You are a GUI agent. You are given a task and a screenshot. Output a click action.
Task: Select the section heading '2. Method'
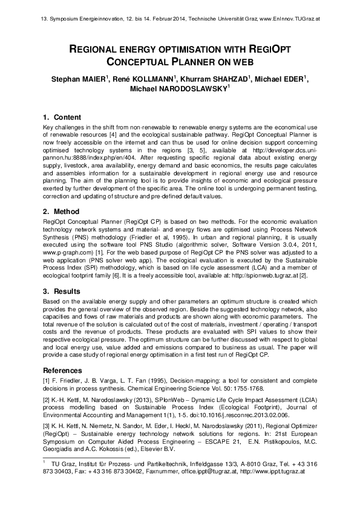coord(62,212)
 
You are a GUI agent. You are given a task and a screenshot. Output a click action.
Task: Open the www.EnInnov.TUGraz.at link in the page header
coord(289,19)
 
